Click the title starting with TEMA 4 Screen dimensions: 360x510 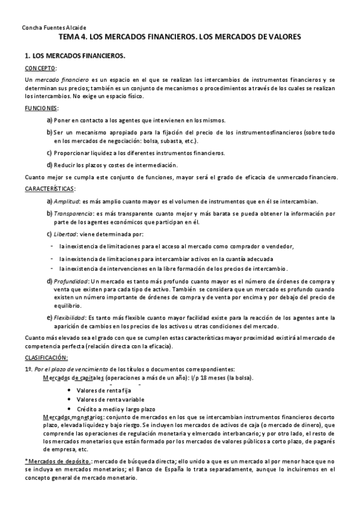pos(180,37)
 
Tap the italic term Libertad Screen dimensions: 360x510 pos(64,234)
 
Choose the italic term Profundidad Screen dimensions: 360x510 pos(72,281)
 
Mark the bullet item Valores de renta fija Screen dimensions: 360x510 pos(104,390)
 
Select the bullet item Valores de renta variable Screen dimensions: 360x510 pos(111,400)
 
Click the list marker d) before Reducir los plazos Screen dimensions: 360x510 pos(49,165)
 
